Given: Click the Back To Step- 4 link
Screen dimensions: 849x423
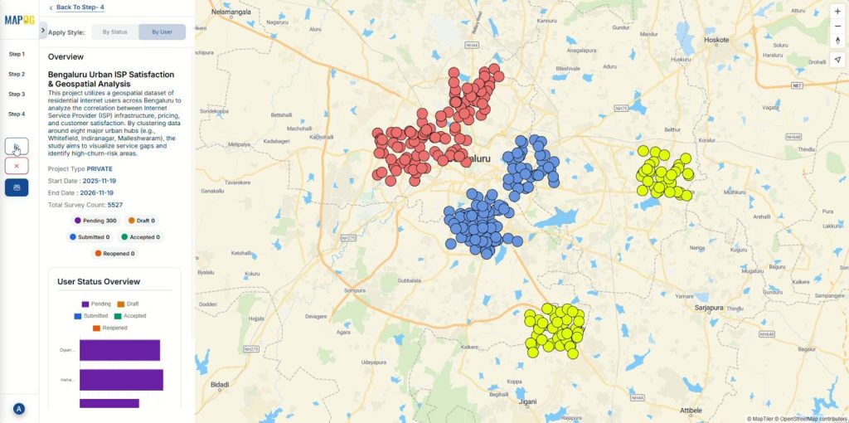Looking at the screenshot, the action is (80, 7).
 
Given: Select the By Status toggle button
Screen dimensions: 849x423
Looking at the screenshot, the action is (114, 32).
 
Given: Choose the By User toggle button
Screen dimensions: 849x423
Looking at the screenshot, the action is (162, 32).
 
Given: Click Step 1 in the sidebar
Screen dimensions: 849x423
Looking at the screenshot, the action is (17, 54).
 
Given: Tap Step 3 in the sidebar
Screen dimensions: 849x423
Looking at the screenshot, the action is (17, 94).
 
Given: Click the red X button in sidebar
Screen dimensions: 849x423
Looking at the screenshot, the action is (17, 166).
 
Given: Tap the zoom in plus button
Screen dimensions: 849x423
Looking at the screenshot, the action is (837, 12).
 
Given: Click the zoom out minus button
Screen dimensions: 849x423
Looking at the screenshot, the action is (837, 26).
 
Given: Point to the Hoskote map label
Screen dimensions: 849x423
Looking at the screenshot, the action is (716, 39).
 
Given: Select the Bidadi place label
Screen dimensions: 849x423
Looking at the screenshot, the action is (220, 385).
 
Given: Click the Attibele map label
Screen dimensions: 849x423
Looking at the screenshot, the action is (691, 410).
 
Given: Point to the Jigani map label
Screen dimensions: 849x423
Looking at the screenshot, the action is (526, 401).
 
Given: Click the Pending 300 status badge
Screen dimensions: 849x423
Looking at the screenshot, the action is (95, 221).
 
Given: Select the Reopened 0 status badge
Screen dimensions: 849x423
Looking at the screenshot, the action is (113, 254).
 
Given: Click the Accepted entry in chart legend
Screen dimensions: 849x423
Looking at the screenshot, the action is (131, 316).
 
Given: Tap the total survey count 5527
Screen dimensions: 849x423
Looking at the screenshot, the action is (115, 204).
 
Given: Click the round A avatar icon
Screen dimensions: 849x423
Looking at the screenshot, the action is (18, 409).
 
